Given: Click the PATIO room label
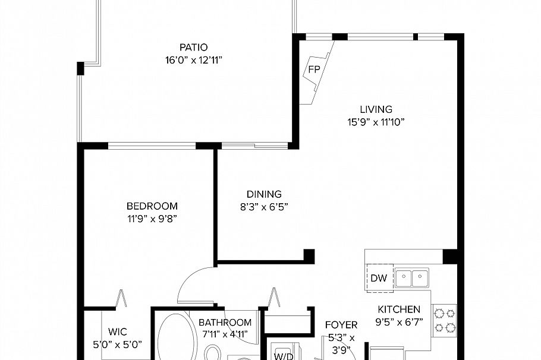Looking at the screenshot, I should point(194,47).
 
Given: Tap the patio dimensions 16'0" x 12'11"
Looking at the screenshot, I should point(194,60).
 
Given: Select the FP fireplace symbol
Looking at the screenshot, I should point(314,70).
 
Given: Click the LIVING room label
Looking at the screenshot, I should point(376,109).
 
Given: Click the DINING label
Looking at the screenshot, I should point(264,194).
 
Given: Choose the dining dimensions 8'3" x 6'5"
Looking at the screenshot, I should point(263,207).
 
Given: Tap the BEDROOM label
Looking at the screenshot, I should point(152,206).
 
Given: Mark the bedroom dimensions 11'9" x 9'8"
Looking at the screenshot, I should point(152,219).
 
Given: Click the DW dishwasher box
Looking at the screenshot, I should point(378,278).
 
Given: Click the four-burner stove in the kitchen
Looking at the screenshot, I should point(444,320).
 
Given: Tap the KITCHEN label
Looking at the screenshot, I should point(399,310).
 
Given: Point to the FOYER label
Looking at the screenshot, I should point(341,325).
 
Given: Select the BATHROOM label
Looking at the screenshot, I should point(225,323).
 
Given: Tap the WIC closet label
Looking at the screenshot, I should point(117,332).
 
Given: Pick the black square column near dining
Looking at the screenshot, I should point(309,255).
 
